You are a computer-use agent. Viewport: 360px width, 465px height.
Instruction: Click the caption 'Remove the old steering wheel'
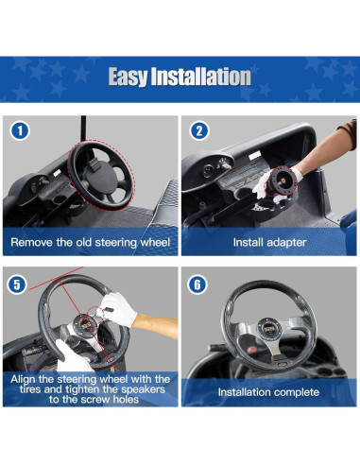[90, 242]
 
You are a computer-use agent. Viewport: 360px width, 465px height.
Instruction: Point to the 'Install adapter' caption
[268, 242]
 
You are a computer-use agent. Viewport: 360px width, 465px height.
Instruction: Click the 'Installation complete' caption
[268, 390]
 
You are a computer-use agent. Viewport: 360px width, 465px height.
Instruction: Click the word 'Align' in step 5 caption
[27, 377]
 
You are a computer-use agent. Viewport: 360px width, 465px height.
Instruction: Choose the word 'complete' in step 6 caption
[293, 390]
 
